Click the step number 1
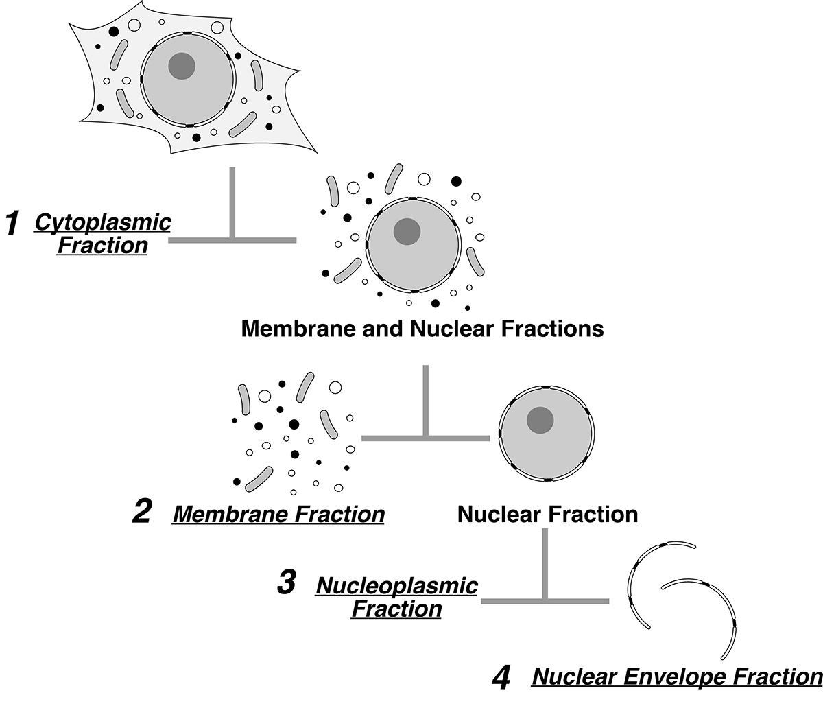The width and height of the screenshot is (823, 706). coord(13,224)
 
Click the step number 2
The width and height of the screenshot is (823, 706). coord(141,512)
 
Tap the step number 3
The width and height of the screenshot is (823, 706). coord(286,582)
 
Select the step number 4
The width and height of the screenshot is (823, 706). coord(501,678)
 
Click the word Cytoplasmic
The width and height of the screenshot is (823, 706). coord(103,223)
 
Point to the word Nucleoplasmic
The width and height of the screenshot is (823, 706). coord(397,586)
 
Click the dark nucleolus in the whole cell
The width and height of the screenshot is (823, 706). coord(182,66)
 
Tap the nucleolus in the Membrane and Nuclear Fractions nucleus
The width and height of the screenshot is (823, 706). coord(407,231)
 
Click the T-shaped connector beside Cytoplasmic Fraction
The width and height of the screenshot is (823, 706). coord(232,240)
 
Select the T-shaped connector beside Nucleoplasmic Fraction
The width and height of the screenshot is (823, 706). coord(545,600)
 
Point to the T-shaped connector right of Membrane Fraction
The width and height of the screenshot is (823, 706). coord(426,438)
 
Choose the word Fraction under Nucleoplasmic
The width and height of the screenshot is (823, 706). coord(397,609)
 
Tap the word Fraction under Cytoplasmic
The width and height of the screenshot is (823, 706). coord(103,246)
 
